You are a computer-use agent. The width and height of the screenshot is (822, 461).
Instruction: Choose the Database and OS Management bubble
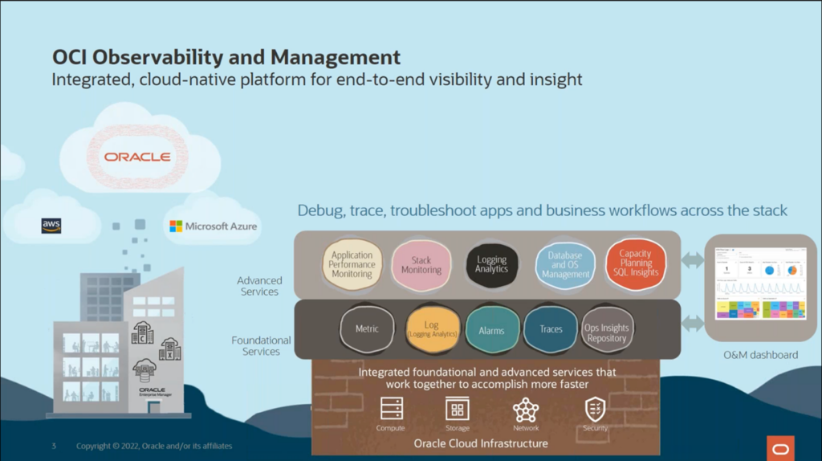565,265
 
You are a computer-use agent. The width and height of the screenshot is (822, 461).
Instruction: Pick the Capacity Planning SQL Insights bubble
636,263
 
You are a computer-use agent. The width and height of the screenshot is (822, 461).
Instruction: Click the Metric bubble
367,329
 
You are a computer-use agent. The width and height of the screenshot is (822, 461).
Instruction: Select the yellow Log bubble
432,329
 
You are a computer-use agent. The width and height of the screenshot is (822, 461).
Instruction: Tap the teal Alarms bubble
491,330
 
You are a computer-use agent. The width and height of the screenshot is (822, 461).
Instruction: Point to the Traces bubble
551,329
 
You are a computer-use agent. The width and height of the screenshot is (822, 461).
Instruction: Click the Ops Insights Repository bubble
607,330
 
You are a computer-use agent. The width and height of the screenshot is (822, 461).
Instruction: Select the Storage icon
458,410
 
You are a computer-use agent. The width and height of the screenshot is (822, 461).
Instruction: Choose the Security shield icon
595,410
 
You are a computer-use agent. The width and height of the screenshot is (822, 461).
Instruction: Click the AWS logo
51,226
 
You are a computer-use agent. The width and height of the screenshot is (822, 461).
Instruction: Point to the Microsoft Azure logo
214,226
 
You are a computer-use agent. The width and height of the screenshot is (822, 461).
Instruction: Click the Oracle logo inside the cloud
137,157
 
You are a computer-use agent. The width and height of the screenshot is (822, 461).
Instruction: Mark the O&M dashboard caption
760,355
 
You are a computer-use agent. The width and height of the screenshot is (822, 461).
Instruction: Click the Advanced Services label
259,286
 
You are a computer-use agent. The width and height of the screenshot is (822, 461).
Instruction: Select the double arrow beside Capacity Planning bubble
692,260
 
